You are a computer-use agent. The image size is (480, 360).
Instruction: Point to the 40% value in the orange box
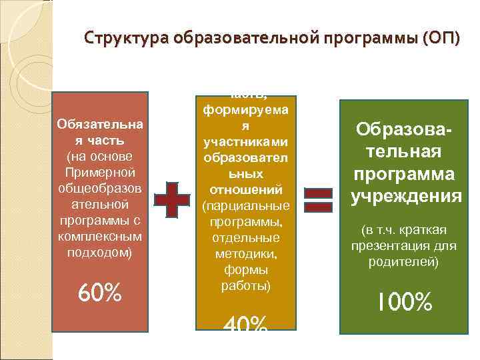click(244, 325)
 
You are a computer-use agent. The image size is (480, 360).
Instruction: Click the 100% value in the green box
click(405, 303)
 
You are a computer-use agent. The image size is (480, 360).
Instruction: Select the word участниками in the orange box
click(244, 143)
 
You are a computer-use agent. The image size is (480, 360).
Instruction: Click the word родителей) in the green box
click(405, 261)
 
